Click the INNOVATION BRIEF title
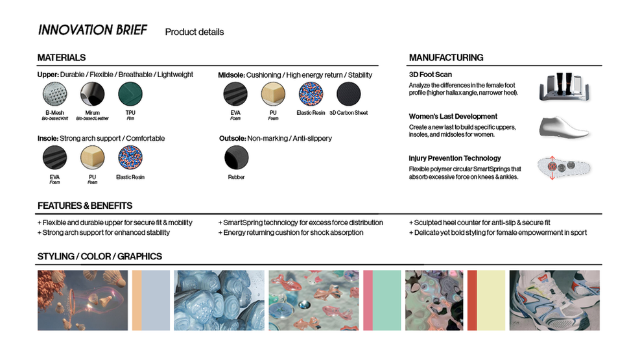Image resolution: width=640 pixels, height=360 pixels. click(93, 30)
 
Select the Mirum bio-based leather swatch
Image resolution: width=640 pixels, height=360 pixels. click(91, 95)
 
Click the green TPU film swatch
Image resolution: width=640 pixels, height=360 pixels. click(130, 95)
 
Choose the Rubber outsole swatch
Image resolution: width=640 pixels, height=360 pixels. click(236, 158)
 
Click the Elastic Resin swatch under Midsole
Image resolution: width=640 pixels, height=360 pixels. click(311, 95)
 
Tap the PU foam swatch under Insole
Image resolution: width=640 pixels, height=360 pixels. click(92, 158)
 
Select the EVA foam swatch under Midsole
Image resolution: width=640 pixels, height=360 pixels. click(235, 95)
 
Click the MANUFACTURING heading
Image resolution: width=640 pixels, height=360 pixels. click(445, 58)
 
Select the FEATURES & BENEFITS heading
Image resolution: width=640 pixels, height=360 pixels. click(85, 206)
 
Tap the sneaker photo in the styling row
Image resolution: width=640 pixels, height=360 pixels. click(554, 300)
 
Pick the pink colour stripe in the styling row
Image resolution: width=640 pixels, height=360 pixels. click(367, 300)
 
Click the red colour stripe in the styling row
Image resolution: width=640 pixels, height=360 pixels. click(471, 300)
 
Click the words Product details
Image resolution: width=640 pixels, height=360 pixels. click(195, 32)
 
